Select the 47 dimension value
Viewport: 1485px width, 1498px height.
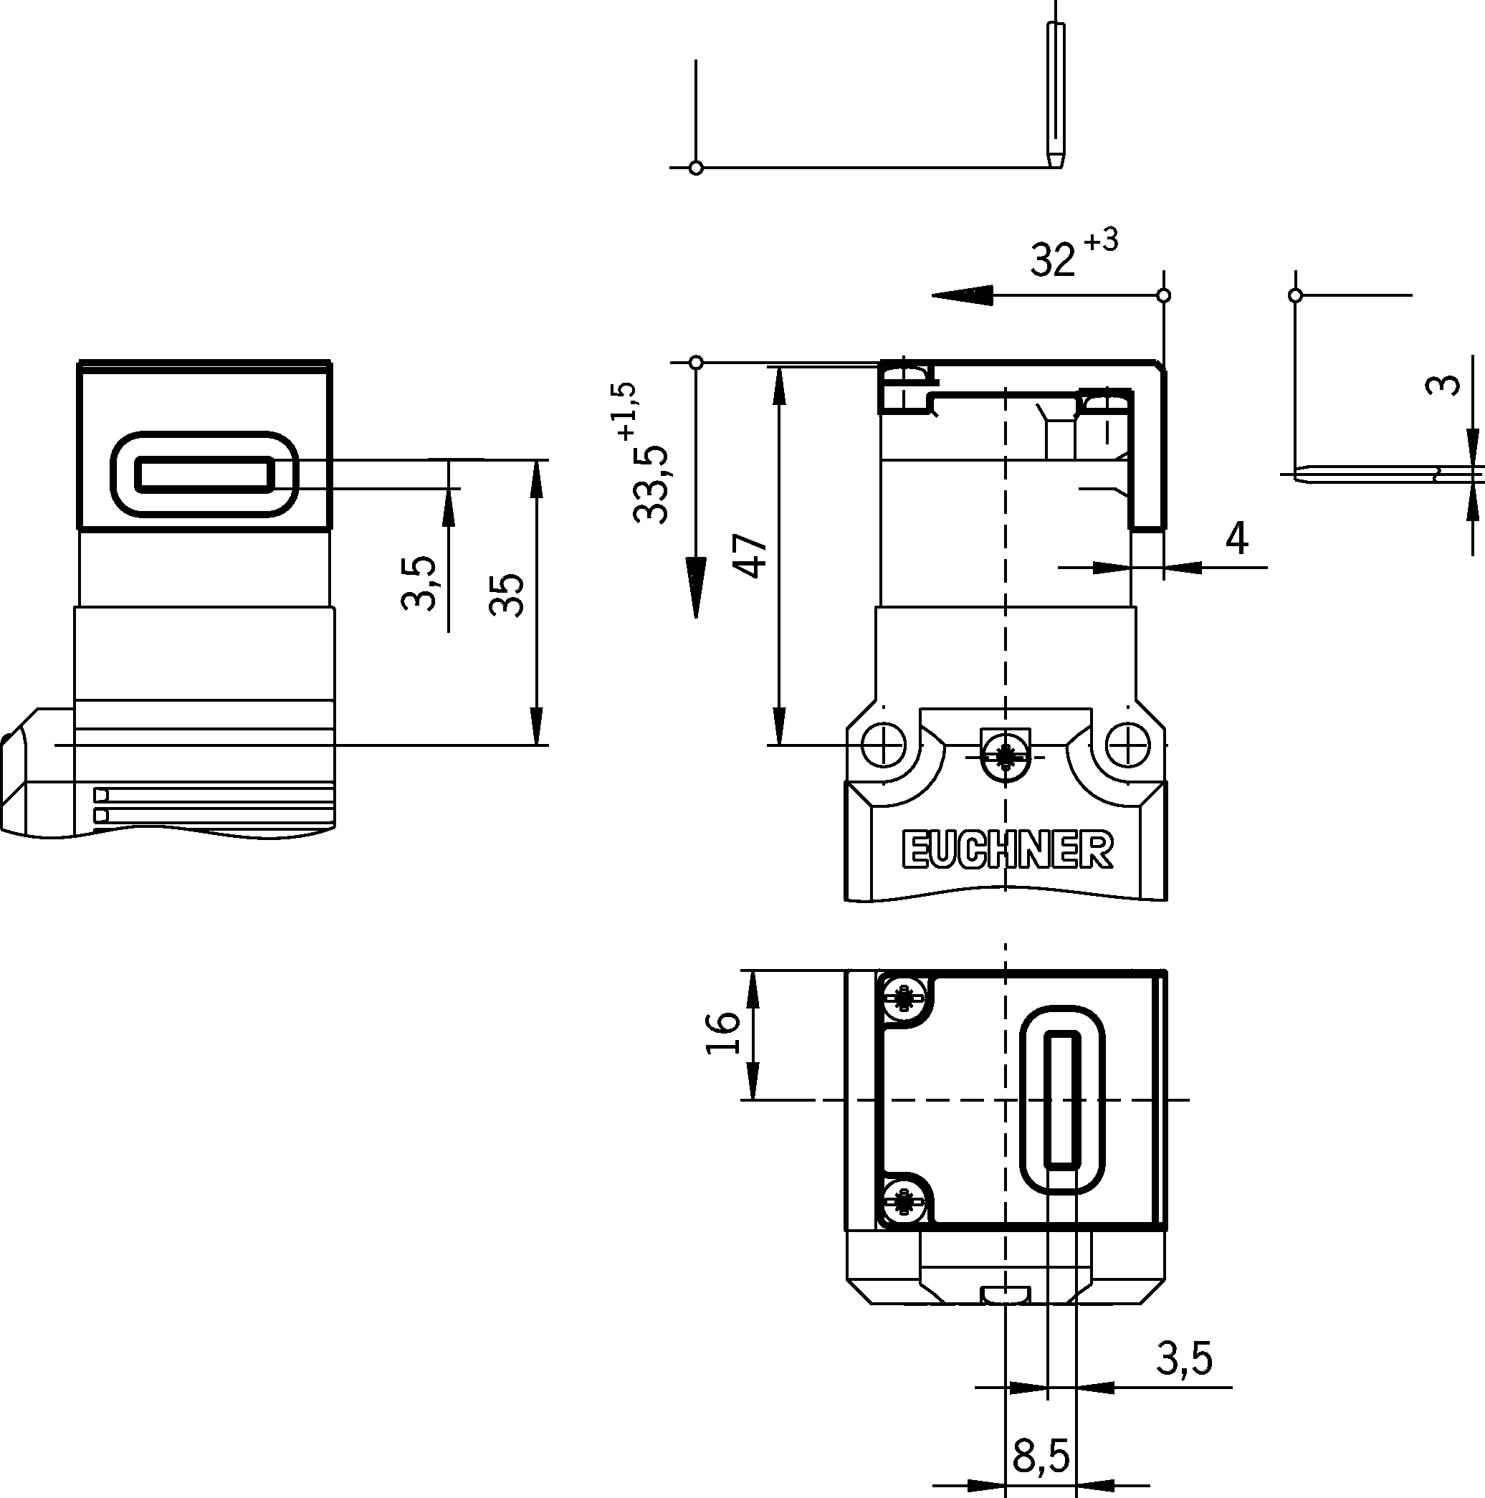click(750, 556)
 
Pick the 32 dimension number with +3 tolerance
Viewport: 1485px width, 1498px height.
click(1053, 259)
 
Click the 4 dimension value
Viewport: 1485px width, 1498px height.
click(1237, 538)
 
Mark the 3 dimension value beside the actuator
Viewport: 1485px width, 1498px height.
click(1443, 386)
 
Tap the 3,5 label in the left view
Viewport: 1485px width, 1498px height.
click(420, 583)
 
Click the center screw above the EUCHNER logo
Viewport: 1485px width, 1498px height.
click(1006, 756)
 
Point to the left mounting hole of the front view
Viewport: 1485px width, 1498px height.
click(883, 745)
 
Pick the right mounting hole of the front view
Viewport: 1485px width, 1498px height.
click(1127, 745)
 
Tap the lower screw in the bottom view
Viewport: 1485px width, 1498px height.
click(902, 1201)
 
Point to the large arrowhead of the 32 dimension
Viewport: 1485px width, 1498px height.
click(962, 295)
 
